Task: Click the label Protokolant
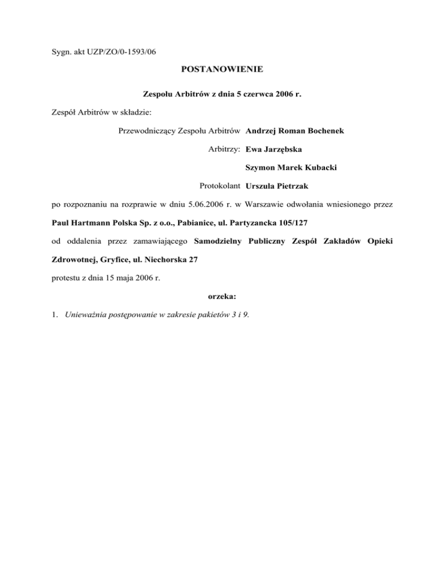pyautogui.click(x=220, y=186)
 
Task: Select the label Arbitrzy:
pyautogui.click(x=225, y=150)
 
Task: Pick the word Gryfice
pyautogui.click(x=110, y=260)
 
